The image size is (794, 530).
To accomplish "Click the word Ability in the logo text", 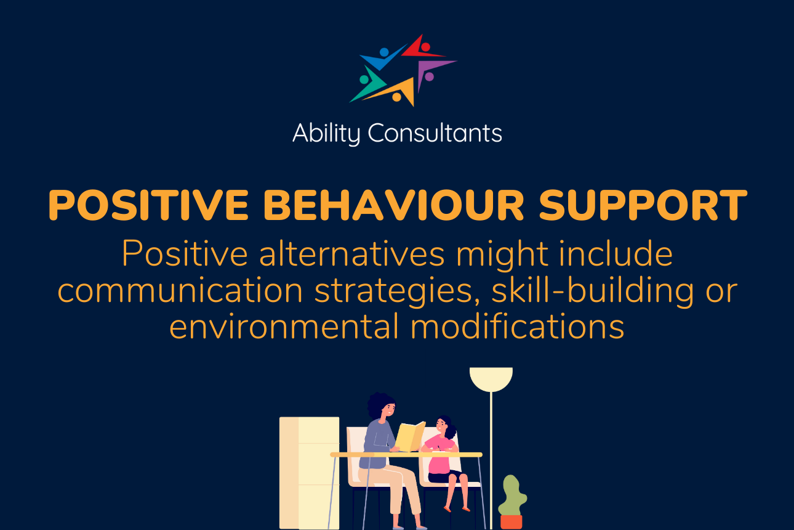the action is (x=326, y=134).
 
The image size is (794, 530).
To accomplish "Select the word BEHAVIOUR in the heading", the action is (x=393, y=205).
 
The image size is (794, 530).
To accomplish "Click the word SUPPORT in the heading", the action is (x=643, y=205).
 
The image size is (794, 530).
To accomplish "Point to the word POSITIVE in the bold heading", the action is (x=148, y=205).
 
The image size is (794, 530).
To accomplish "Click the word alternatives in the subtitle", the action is (x=351, y=253).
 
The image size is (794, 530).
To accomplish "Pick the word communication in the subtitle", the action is (x=180, y=290).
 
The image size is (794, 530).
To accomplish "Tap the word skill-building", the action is (x=592, y=290).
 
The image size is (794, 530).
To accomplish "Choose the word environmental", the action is (x=284, y=327).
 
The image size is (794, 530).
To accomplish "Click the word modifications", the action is (x=518, y=327).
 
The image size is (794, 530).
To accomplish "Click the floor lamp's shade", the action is (x=491, y=378).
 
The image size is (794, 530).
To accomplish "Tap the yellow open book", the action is (x=410, y=436).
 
